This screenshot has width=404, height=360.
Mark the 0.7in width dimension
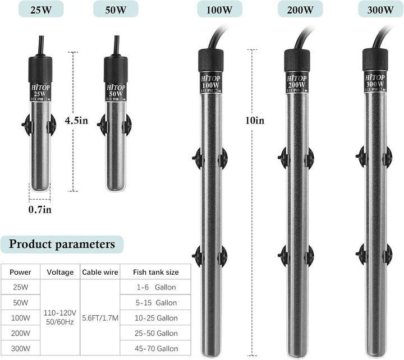(40, 209)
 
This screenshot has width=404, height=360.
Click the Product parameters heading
(62, 244)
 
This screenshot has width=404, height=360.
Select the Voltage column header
(60, 272)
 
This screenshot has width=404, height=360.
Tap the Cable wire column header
(100, 272)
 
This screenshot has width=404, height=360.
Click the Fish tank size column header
(155, 272)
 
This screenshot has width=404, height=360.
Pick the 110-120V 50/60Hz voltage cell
(60, 317)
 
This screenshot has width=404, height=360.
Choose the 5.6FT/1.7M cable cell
(100, 317)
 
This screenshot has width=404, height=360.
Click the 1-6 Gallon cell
(155, 287)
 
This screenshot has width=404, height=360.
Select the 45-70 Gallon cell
(155, 348)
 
